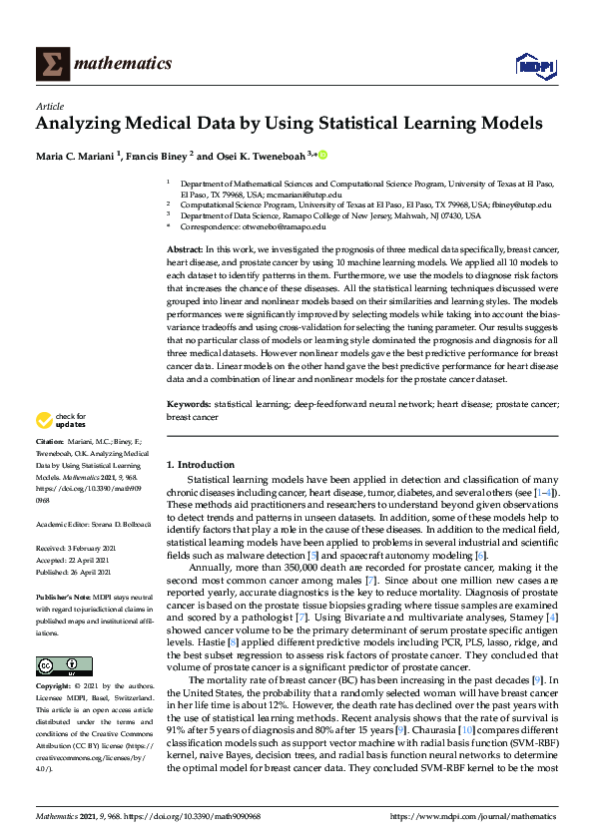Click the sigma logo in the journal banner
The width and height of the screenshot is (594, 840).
[52, 64]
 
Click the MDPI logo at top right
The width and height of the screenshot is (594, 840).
[533, 66]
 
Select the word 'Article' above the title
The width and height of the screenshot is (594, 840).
[50, 106]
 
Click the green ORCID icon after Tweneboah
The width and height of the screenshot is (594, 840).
[323, 156]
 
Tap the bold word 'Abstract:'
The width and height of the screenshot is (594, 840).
[185, 249]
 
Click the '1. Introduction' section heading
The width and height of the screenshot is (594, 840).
[200, 465]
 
